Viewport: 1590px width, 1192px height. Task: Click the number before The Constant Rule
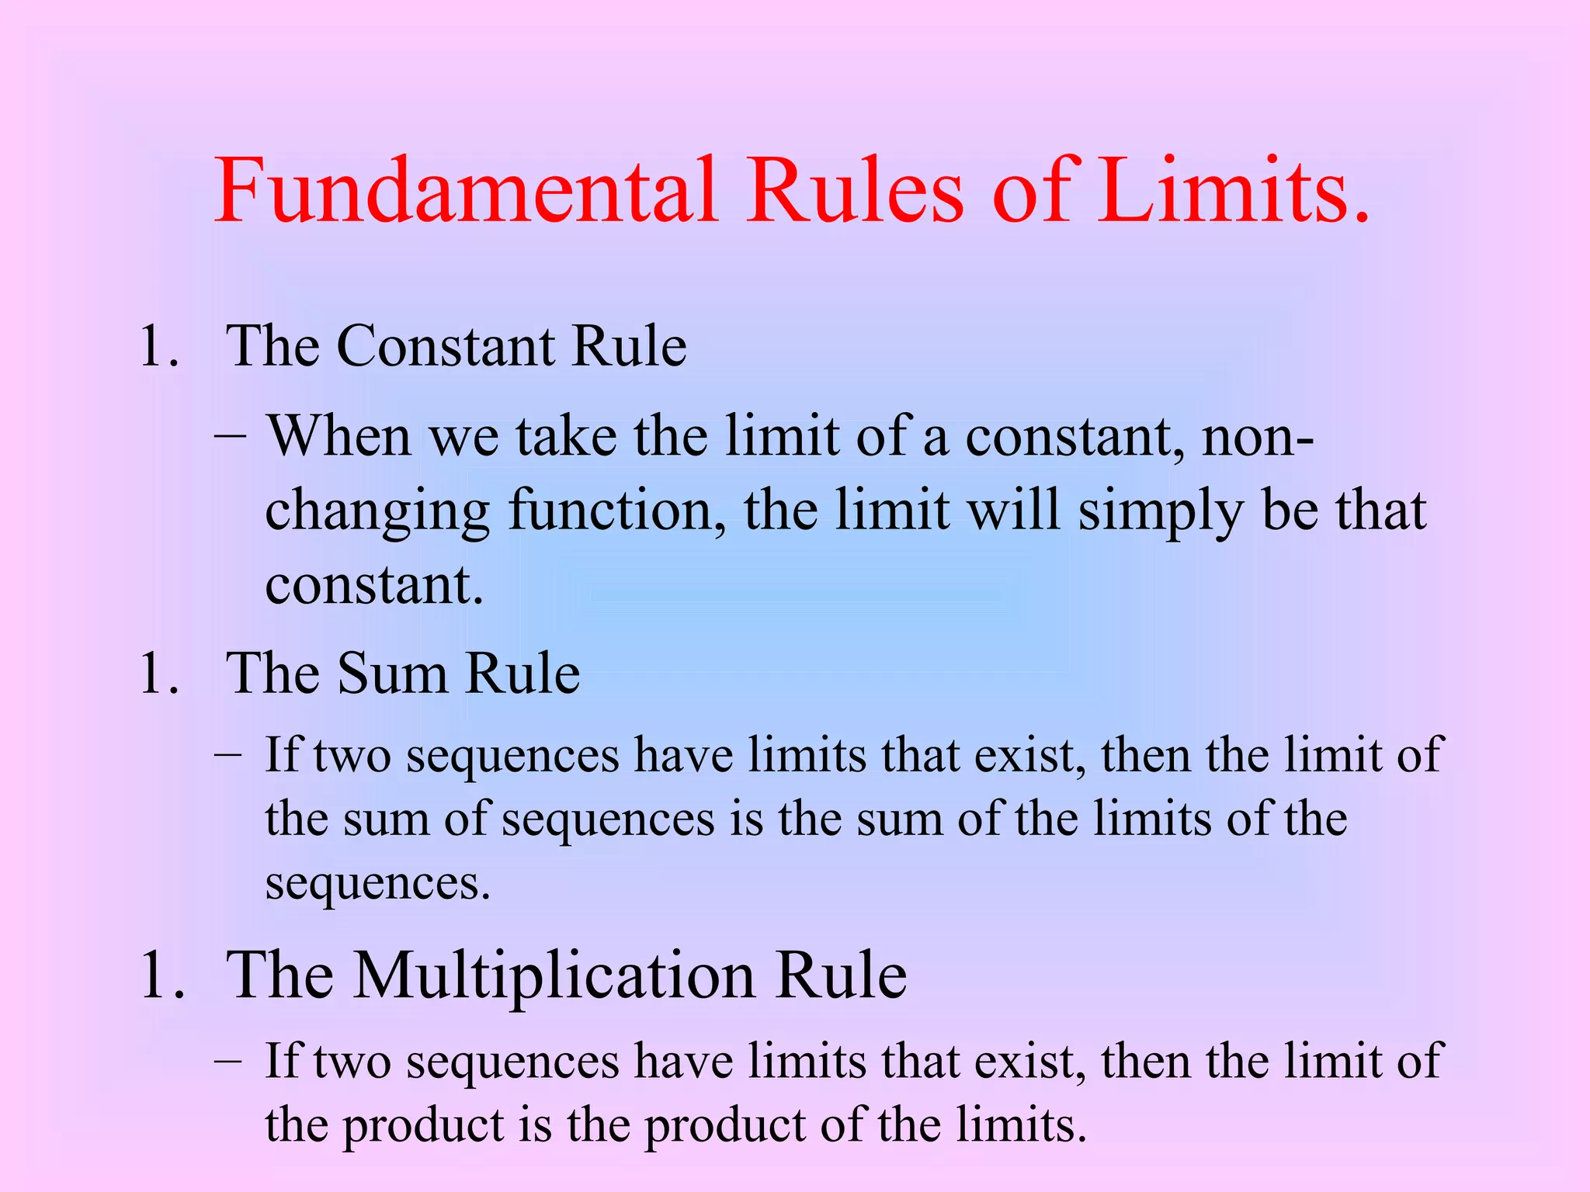158,346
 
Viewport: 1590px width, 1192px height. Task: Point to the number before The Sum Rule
158,673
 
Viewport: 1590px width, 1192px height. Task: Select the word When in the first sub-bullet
338,436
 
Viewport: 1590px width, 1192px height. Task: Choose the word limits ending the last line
1020,1124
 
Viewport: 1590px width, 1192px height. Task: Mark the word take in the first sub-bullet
567,436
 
